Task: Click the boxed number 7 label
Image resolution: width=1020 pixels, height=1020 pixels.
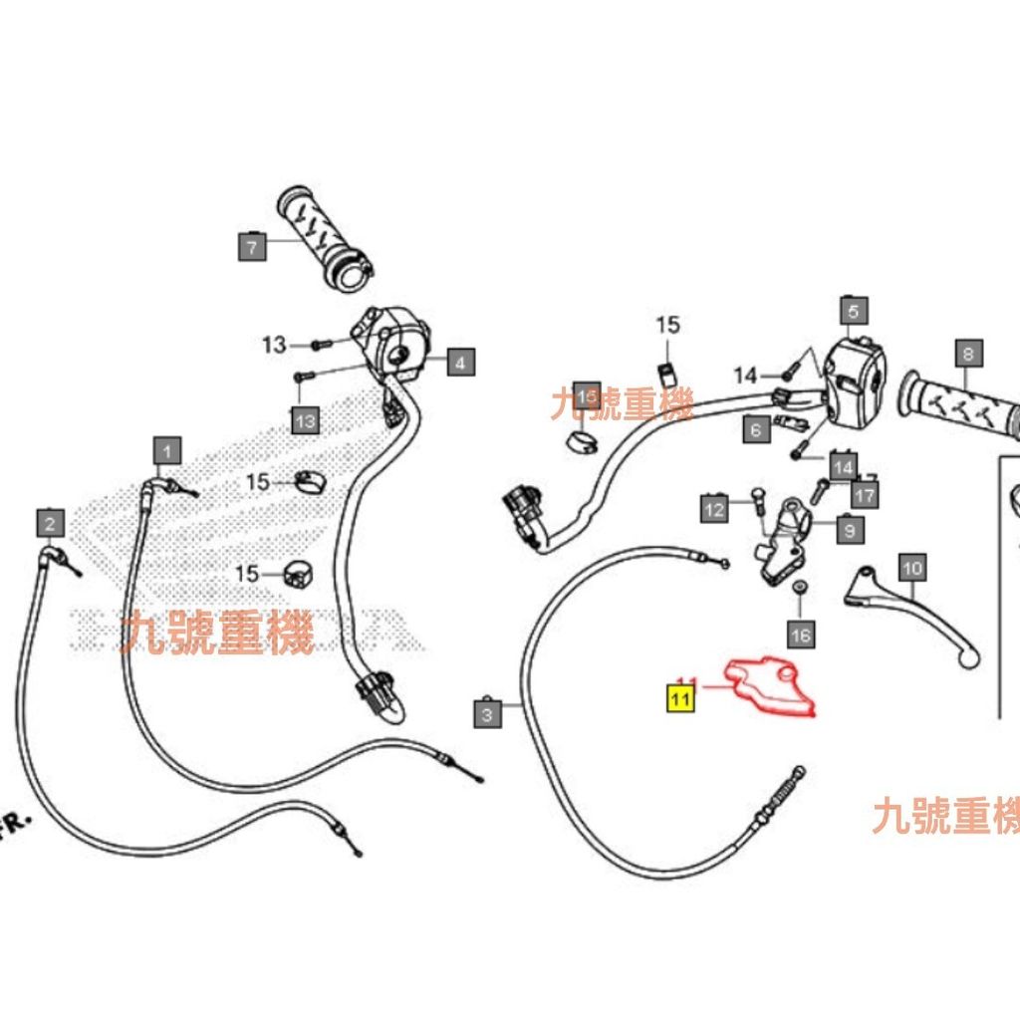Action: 253,245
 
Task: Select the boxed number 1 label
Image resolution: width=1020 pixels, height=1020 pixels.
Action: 167,451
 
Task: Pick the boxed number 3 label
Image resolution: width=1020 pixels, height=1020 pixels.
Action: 487,713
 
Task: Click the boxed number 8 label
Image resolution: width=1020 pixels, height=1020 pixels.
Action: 967,352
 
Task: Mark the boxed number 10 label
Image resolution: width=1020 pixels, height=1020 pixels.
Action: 912,569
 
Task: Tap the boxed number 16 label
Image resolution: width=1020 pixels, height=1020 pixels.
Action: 801,634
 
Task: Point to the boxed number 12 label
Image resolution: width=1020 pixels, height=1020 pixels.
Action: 714,510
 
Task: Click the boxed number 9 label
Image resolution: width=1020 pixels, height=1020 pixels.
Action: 849,531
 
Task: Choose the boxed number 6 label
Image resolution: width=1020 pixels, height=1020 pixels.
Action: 756,429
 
